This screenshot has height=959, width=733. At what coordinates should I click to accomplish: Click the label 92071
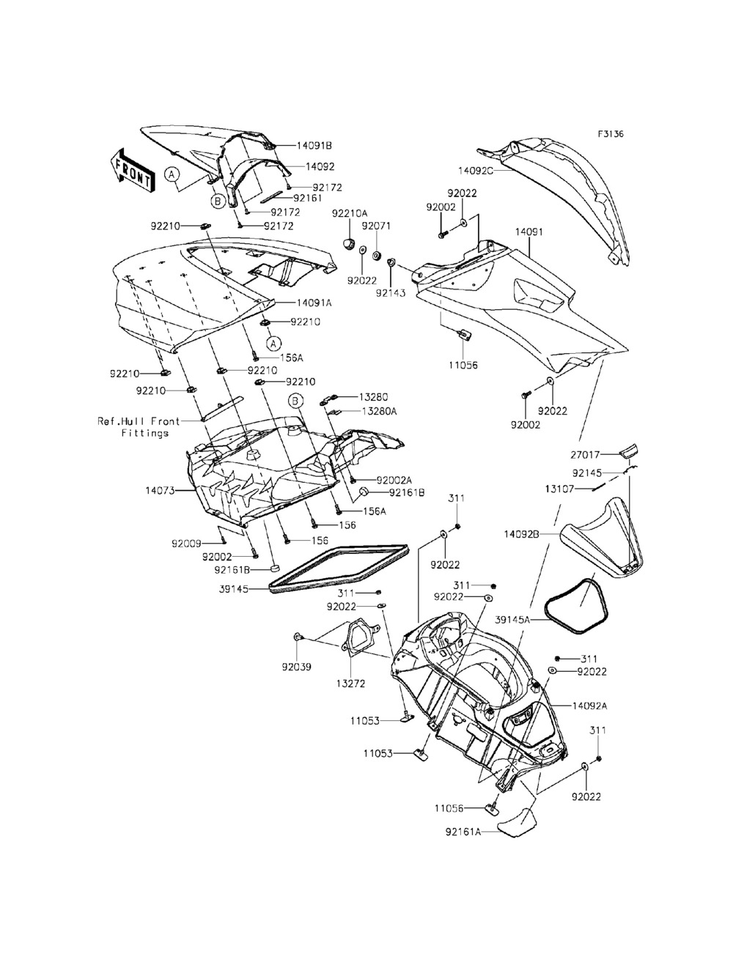coord(386,226)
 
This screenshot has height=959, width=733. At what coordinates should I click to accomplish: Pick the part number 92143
coord(390,292)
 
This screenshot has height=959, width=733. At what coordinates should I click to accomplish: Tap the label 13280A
coord(378,411)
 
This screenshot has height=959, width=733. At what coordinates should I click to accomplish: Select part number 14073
coord(161,490)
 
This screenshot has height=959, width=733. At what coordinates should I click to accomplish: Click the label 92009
coord(187,544)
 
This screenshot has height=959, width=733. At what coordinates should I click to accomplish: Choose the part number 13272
coord(350,683)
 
